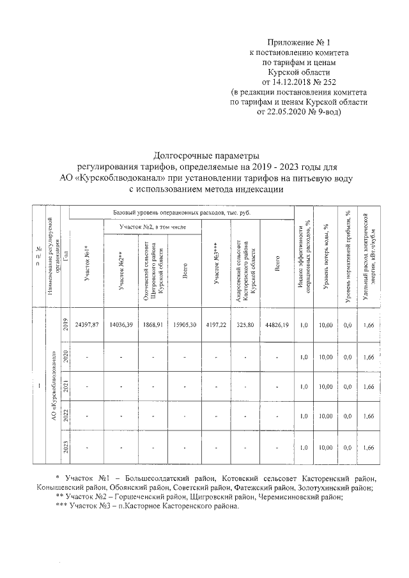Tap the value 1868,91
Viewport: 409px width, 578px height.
click(155, 325)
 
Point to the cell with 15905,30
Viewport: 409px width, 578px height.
click(185, 325)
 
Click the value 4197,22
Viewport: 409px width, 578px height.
click(219, 325)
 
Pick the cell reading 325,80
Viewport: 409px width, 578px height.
click(245, 325)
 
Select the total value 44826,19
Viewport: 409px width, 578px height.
click(277, 325)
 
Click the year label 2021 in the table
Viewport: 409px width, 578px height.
click(65, 386)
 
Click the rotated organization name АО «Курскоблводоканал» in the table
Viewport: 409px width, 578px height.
click(51, 383)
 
